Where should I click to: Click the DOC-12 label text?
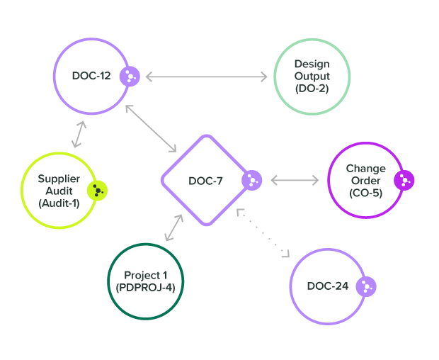[x=91, y=76]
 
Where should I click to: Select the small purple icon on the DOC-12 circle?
[x=130, y=76]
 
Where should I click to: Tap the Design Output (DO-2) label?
[x=312, y=76]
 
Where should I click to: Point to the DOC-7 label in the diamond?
[x=205, y=181]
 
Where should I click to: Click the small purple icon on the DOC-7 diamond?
[x=251, y=181]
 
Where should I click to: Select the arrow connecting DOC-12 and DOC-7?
[x=151, y=128]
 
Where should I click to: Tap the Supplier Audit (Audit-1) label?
[x=59, y=191]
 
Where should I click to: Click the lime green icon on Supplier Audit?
[x=97, y=191]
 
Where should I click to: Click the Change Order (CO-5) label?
[x=365, y=180]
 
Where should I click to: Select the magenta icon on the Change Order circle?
[x=404, y=180]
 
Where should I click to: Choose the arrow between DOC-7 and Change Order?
[x=295, y=181]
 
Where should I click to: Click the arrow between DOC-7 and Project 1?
[x=173, y=227]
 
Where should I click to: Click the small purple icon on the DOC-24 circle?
[x=365, y=286]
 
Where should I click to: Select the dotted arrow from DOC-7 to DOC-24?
[x=263, y=232]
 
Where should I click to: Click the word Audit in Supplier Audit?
[x=59, y=191]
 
